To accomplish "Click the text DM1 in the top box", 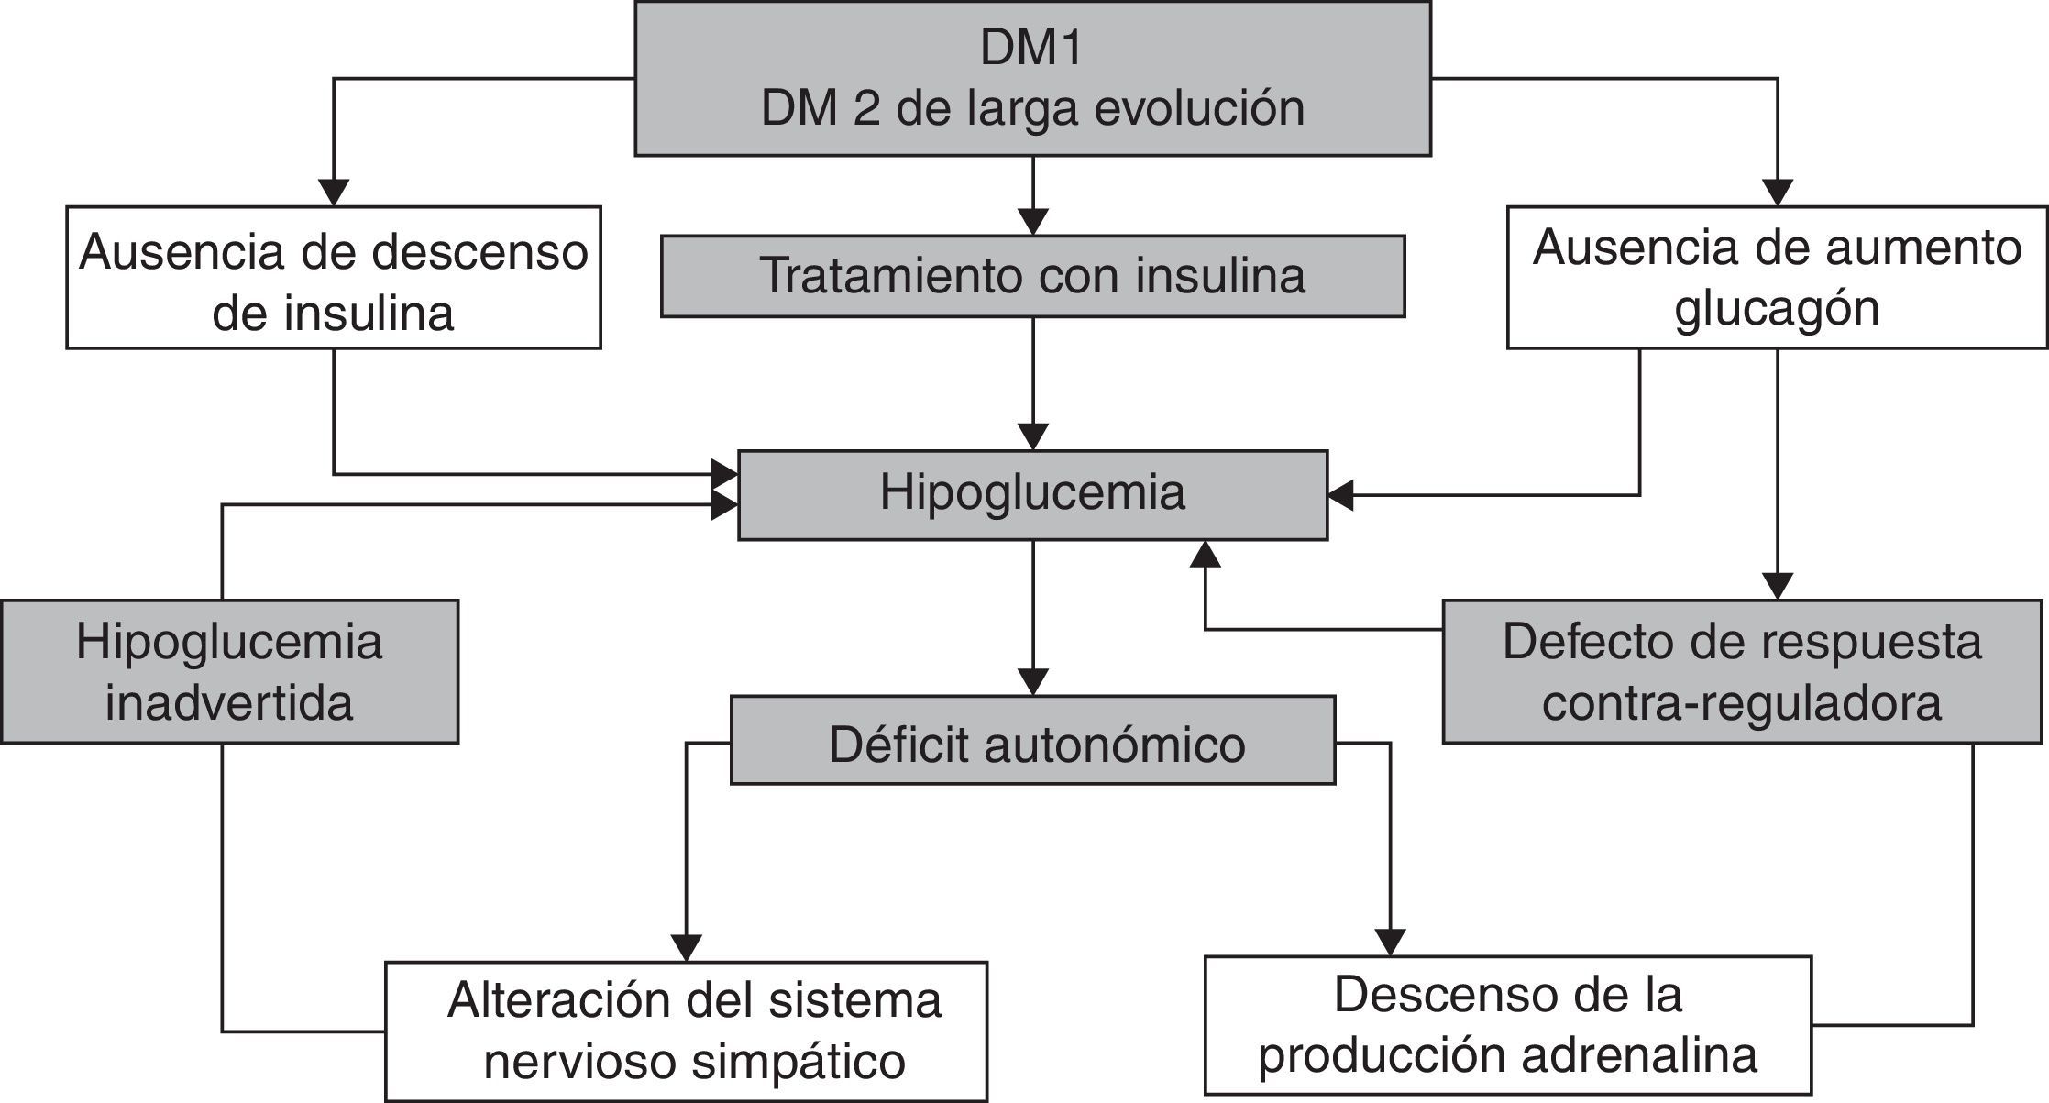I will [1031, 48].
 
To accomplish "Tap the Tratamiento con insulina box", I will [1032, 276].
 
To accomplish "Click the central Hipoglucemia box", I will [1032, 493].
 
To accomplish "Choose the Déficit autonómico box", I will [1032, 741].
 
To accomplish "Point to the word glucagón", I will [1777, 308].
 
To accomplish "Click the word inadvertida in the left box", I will [229, 703].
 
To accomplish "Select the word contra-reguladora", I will [1742, 703].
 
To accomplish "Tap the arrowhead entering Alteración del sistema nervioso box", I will [687, 947].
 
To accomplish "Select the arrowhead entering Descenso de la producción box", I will [1390, 942].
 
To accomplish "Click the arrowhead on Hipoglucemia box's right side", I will [1340, 495].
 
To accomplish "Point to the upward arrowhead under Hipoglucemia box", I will [1206, 554].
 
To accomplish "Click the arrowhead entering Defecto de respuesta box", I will [1778, 586].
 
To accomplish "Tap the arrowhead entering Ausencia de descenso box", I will [334, 193].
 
